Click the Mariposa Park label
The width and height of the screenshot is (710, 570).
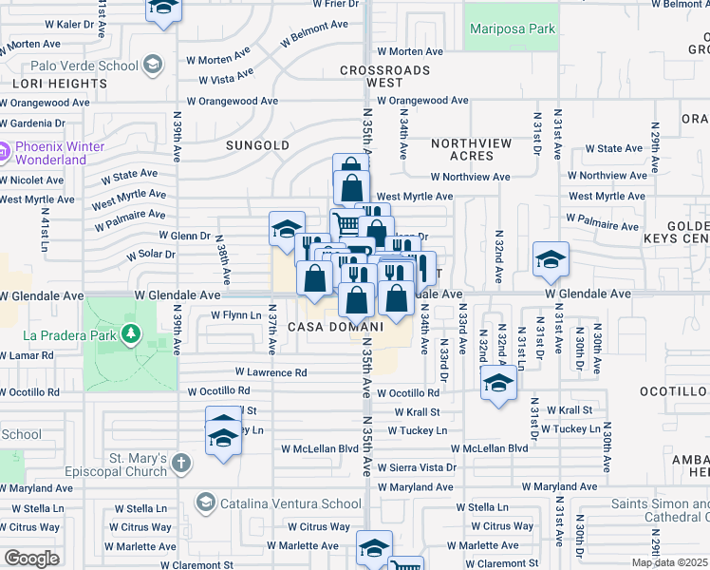[513, 29]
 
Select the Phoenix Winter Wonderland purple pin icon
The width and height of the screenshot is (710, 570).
[5, 151]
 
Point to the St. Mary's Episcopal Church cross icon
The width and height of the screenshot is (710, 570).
[180, 465]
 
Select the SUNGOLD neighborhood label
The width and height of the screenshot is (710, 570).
[257, 145]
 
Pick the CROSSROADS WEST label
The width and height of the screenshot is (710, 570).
[384, 77]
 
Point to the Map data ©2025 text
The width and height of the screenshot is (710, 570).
[669, 562]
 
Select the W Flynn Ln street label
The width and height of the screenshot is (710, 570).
[235, 314]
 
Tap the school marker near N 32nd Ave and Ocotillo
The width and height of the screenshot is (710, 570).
[497, 384]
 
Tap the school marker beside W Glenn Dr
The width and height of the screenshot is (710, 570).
[287, 228]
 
